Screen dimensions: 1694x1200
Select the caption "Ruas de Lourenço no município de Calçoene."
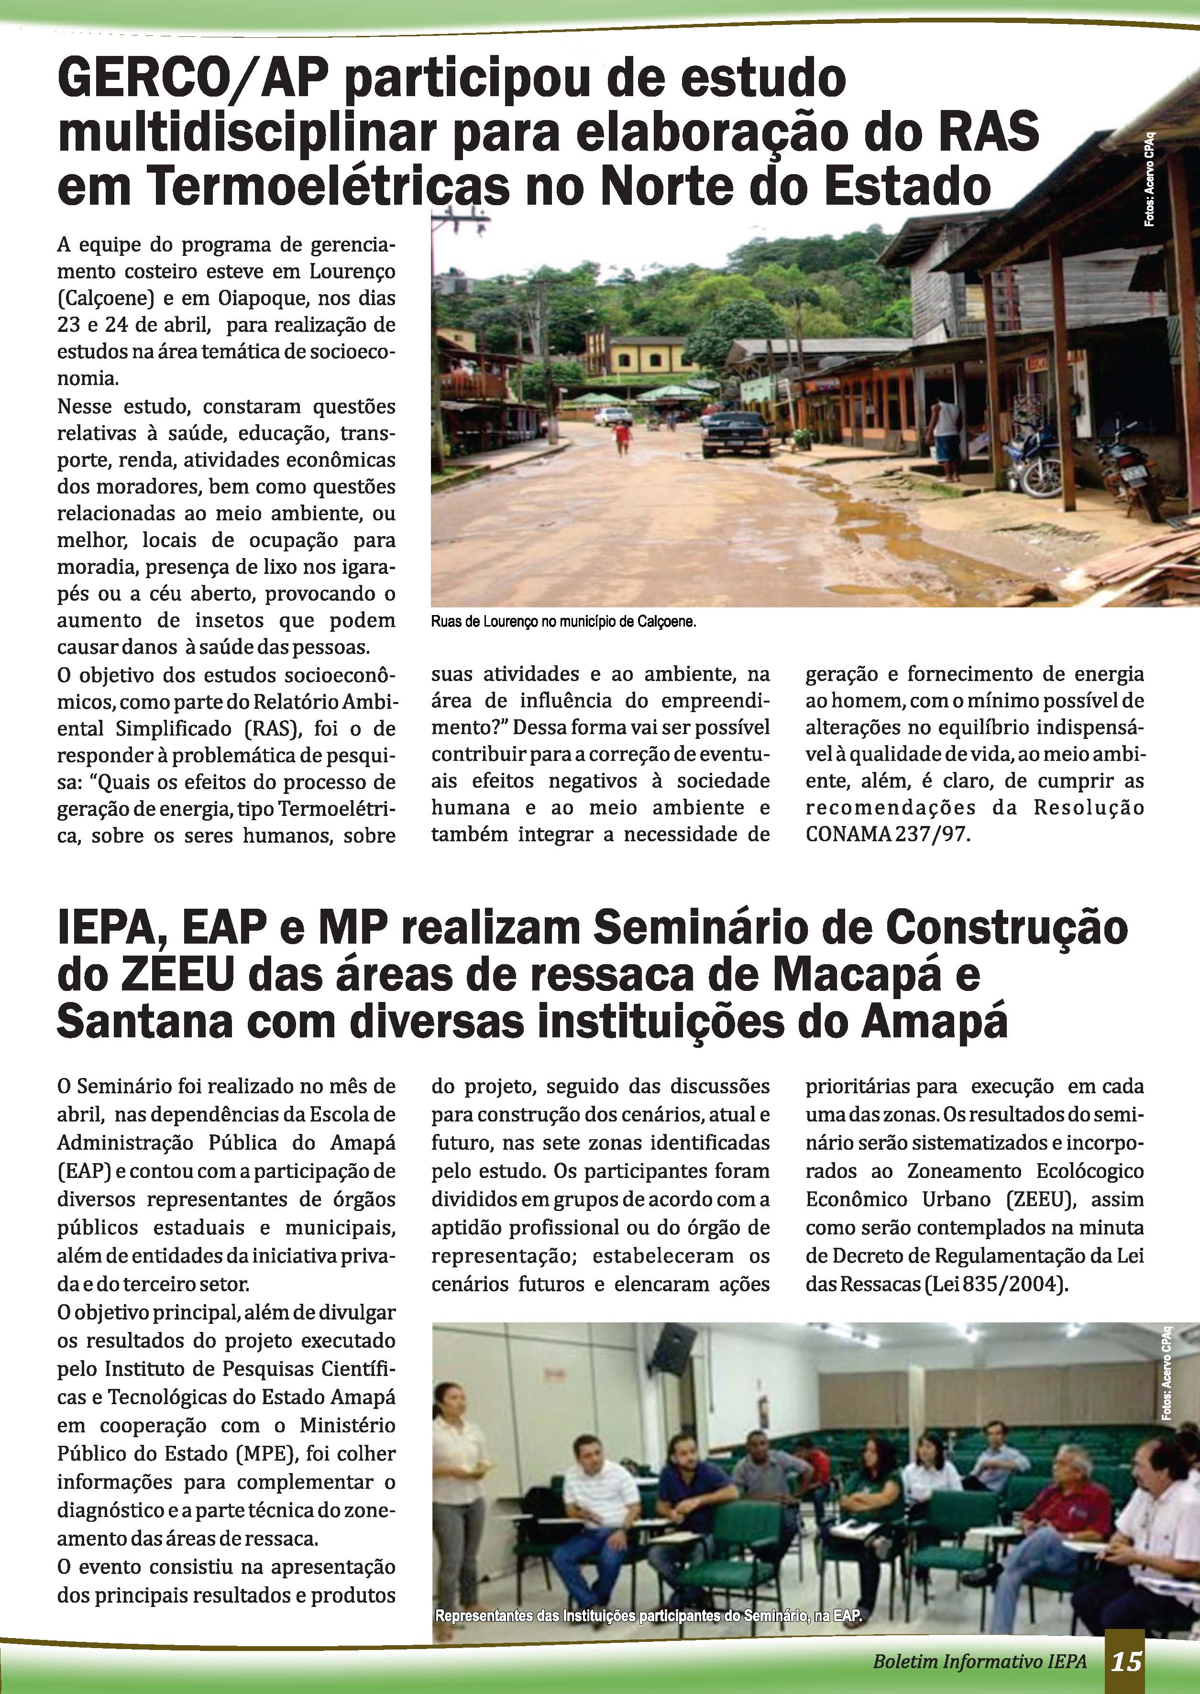[x=564, y=621]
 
